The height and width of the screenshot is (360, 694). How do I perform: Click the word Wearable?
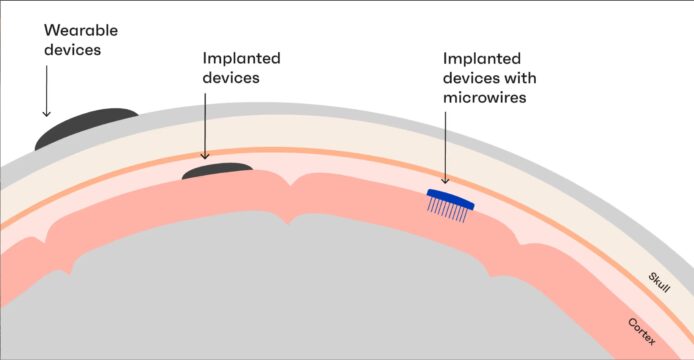point(81,30)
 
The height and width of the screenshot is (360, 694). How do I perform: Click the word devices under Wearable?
point(73,50)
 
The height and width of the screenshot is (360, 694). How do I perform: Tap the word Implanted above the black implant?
point(242,58)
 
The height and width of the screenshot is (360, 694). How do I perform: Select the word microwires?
point(485,97)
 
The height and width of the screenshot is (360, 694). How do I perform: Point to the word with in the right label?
point(520,78)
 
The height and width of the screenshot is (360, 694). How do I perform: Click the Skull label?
point(659,283)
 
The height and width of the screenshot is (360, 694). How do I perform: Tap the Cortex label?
point(642,331)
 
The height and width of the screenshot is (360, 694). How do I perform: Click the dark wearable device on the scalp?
point(86,128)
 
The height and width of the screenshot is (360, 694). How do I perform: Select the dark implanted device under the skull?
point(217,171)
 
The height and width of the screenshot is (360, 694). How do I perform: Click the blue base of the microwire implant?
point(451,199)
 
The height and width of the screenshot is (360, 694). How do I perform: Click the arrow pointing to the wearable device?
point(46,91)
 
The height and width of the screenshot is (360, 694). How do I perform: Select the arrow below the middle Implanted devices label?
point(205,126)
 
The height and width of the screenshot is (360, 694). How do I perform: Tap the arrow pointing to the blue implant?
point(445,147)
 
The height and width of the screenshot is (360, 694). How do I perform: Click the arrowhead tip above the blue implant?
point(445,183)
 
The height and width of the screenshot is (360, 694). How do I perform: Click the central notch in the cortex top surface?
point(289,185)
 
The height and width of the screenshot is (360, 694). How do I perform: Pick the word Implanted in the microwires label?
point(482,58)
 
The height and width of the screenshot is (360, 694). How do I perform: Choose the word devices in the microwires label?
point(471,78)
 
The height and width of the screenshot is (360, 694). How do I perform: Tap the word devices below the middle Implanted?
point(231,77)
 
